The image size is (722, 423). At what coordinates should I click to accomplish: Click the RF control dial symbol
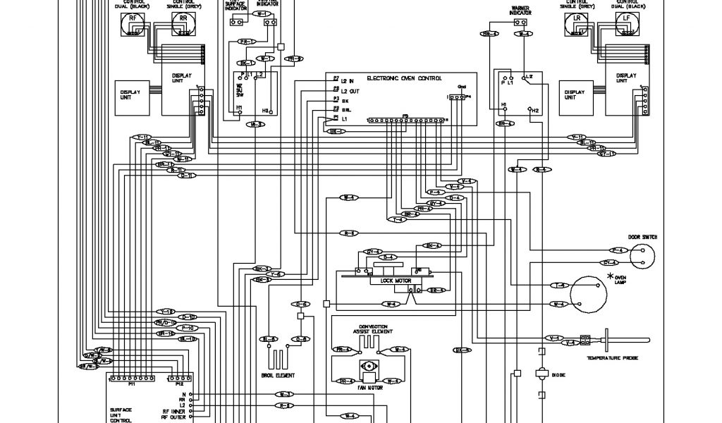132,27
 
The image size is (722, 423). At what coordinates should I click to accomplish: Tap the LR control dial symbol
577,27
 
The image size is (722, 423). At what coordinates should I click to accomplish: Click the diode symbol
542,374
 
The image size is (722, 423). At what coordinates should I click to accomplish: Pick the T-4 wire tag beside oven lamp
559,285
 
